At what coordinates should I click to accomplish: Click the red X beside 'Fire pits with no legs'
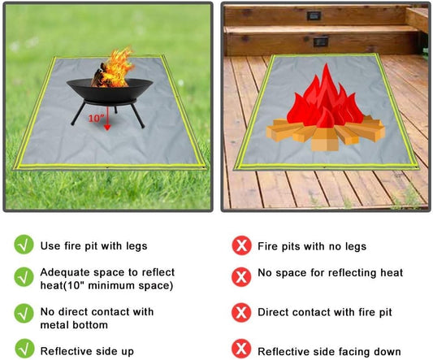point(240,245)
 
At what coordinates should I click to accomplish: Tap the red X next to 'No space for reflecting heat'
point(240,276)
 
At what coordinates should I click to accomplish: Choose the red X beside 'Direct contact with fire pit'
point(240,312)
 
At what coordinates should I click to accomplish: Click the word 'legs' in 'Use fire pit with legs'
point(135,245)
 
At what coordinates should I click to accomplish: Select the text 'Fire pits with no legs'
point(311,245)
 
